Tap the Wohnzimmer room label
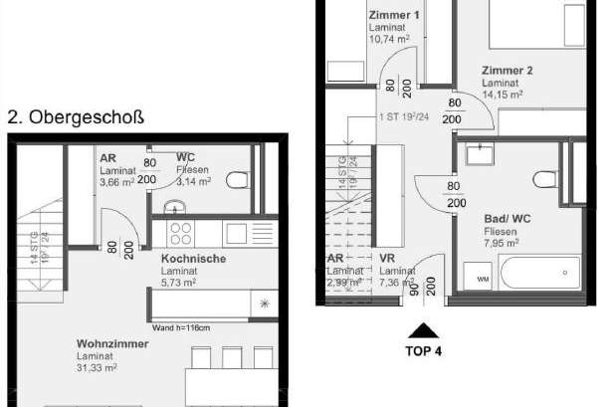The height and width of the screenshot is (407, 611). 112,344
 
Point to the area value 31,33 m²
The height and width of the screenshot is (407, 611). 98,367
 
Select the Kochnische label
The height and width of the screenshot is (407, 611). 193,259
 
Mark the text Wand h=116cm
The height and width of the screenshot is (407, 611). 181,326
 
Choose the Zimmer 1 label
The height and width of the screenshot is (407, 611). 394,16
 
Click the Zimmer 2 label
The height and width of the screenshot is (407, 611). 508,71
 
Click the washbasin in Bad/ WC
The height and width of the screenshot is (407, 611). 479,155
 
